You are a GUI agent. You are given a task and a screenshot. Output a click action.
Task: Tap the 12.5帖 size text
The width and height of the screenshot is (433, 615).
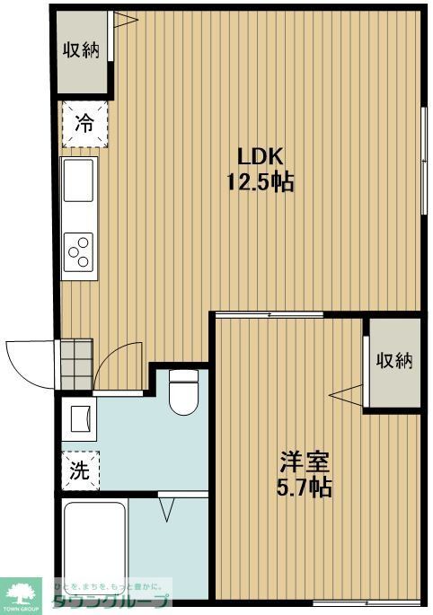click(260, 182)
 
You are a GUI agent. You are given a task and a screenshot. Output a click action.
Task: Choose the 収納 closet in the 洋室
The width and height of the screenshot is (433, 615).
click(393, 361)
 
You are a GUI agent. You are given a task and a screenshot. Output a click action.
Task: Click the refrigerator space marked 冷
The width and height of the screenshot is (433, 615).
click(84, 124)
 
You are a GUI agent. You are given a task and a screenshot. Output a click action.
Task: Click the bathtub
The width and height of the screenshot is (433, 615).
click(94, 544)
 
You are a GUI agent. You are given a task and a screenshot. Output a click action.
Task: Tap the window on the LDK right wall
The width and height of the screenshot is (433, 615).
click(424, 162)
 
